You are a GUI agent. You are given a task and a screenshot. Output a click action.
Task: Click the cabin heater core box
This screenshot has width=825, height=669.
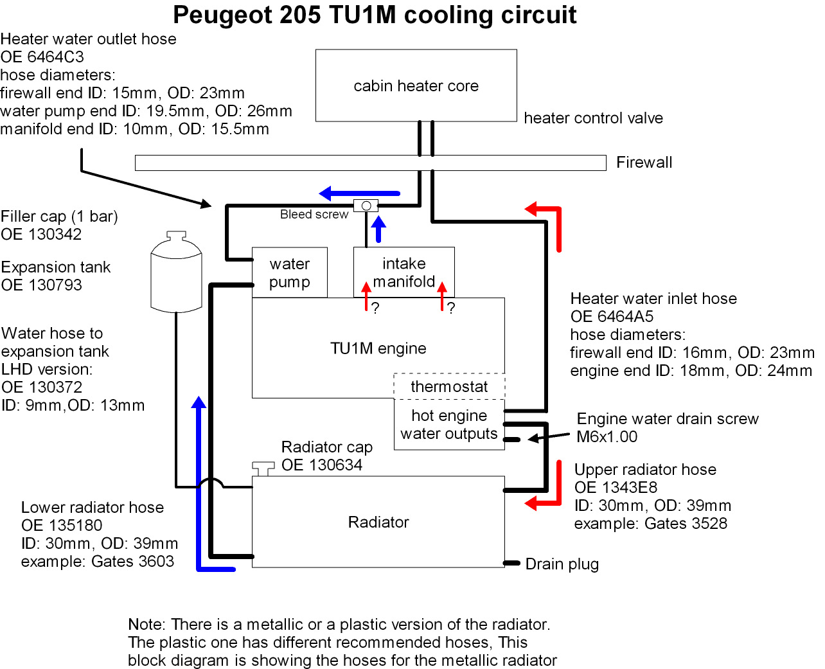416,85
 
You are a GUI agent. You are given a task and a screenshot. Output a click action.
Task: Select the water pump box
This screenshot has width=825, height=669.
289,272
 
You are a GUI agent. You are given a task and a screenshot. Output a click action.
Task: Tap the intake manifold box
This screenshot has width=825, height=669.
404,272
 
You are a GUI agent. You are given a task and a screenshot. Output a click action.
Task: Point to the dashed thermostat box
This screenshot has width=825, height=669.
449,386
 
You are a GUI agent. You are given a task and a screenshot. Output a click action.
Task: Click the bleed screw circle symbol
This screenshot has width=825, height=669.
366,206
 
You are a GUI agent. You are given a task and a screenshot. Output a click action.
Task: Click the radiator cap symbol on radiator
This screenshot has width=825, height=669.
263,467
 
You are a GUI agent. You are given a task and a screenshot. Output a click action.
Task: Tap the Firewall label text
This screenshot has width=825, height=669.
644,163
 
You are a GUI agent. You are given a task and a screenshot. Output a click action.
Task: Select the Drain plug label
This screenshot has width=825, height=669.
562,564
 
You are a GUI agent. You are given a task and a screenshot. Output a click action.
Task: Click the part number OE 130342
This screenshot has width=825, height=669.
41,235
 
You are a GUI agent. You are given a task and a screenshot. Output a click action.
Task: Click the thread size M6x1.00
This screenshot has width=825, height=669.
607,437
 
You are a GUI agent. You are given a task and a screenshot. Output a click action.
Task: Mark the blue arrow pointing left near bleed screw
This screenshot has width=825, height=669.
360,193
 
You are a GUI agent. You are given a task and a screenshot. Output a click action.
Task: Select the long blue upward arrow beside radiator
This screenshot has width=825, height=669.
199,482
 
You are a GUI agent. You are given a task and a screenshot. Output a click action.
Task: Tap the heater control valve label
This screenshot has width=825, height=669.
593,118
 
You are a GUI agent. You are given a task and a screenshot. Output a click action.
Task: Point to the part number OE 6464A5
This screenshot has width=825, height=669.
612,317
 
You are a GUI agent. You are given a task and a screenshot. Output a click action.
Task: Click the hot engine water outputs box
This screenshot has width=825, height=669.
449,424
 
